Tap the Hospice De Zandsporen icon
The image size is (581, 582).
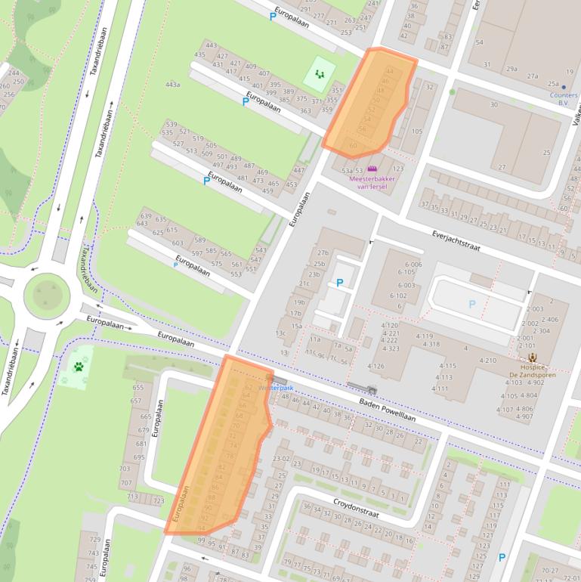[533, 358]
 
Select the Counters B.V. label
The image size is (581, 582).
[564, 98]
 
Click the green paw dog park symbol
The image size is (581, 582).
[79, 367]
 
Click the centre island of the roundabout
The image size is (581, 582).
[47, 293]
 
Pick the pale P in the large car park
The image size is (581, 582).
[472, 304]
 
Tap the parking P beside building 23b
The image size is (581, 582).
[340, 283]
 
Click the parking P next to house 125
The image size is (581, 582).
[502, 558]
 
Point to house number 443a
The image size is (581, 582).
[172, 84]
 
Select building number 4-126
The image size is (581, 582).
[375, 367]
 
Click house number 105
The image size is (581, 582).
[416, 132]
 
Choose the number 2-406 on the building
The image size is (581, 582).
[550, 319]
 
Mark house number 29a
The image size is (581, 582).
[511, 69]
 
